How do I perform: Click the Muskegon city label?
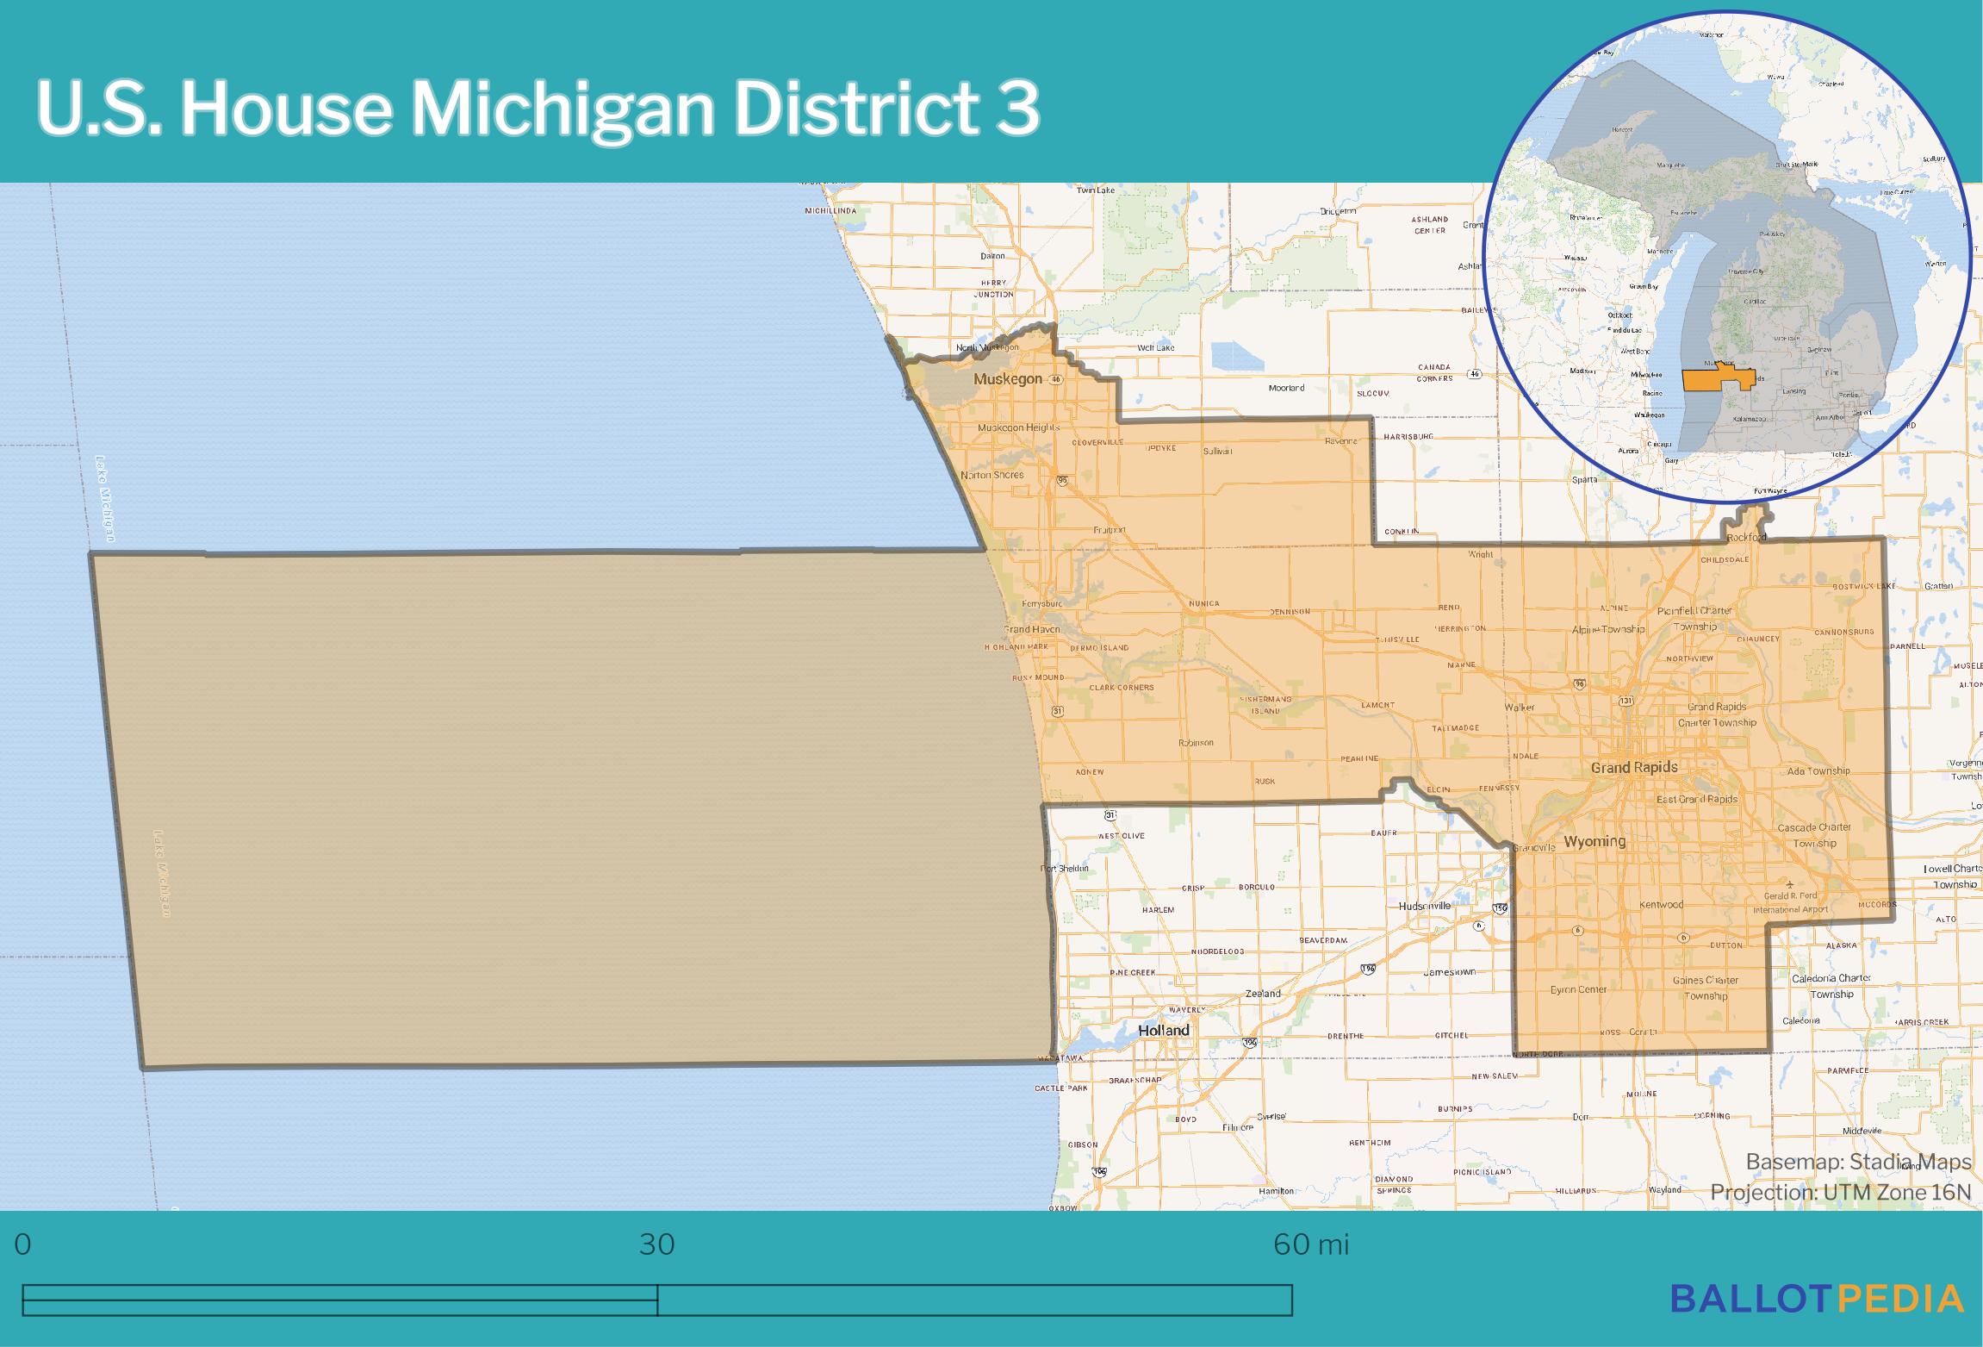tap(1007, 379)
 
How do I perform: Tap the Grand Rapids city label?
tap(1633, 767)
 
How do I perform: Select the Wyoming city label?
tap(1594, 841)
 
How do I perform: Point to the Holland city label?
tap(1163, 1030)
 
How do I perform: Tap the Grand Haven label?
tap(1031, 629)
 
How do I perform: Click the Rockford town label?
tap(1746, 538)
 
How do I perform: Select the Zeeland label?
tap(1263, 994)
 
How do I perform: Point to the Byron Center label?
tap(1578, 989)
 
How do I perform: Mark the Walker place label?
tap(1520, 707)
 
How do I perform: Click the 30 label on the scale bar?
tap(656, 1245)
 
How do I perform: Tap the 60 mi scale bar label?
tap(1310, 1245)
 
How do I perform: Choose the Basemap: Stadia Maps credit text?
tap(1858, 1162)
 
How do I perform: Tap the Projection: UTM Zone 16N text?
tap(1840, 1192)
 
